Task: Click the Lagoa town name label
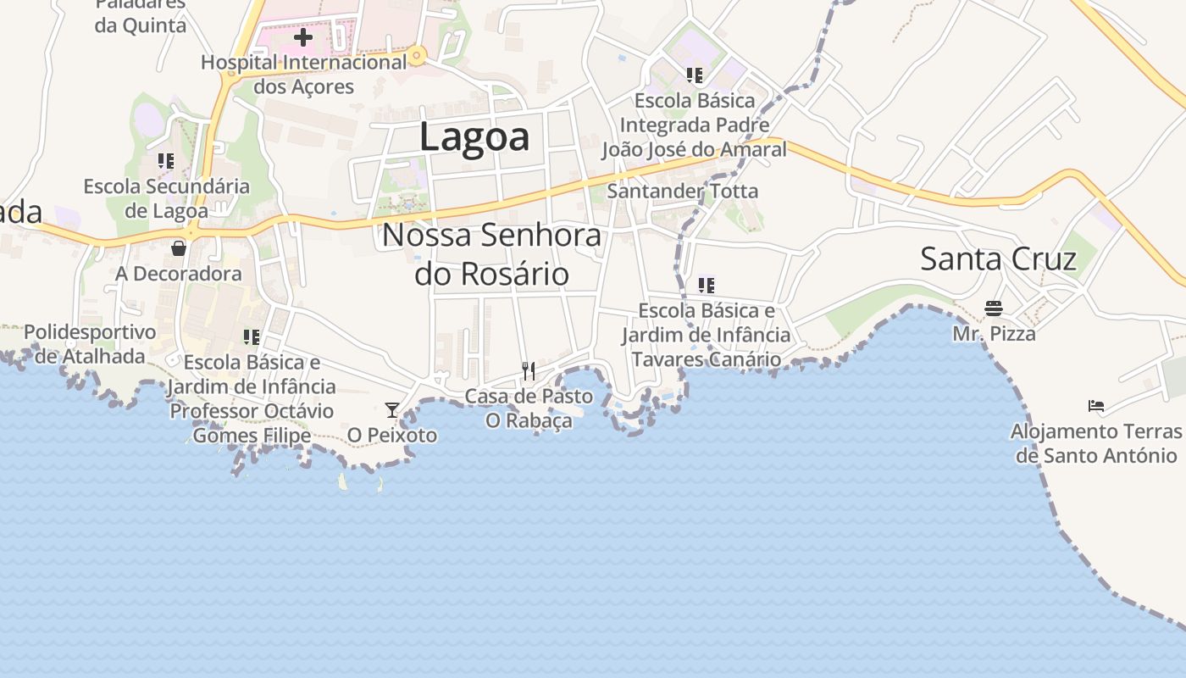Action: point(474,137)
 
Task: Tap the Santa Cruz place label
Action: point(998,258)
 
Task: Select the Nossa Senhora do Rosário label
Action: point(491,254)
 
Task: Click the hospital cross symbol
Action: point(303,37)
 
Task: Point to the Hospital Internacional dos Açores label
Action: point(304,75)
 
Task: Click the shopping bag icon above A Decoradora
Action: point(179,248)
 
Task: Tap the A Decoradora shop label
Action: point(179,274)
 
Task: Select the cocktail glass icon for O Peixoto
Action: point(392,410)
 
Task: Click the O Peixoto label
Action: point(392,435)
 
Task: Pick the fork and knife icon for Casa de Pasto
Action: point(529,370)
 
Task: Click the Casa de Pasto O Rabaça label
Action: point(529,408)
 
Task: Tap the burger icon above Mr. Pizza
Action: point(994,308)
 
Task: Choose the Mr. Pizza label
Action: point(994,333)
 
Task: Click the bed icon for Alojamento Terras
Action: point(1096,405)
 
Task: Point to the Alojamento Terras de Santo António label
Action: point(1096,443)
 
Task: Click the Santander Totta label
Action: point(683,191)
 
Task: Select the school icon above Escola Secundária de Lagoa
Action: point(166,160)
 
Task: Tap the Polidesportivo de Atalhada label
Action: point(90,343)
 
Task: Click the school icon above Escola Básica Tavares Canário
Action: point(707,285)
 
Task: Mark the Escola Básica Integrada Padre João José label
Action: point(695,125)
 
